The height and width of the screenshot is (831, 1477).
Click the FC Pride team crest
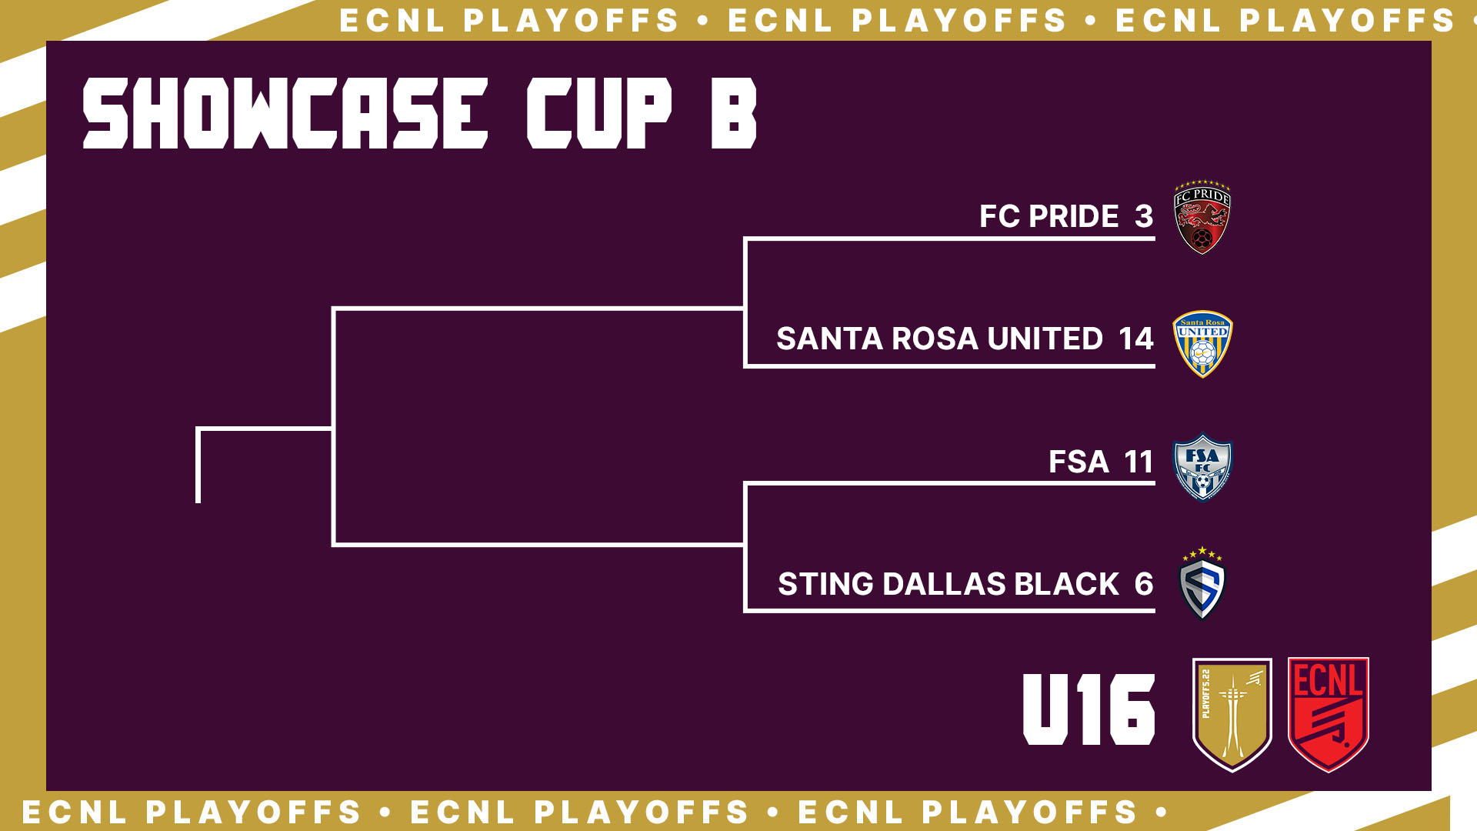pos(1202,218)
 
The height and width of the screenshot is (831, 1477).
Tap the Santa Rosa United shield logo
pos(1202,344)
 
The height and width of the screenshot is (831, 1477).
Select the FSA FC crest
pos(1202,467)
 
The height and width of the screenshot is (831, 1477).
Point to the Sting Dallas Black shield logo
pos(1202,583)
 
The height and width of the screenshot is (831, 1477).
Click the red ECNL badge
pos(1329,714)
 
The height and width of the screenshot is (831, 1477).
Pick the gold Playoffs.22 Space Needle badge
pos(1232,714)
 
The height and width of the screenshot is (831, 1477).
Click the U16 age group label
pos(1089,709)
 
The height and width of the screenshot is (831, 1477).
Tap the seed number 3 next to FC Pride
pos(1144,216)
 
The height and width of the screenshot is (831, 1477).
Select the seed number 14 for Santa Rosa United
pos(1135,339)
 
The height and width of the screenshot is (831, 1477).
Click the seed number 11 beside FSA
pos(1139,462)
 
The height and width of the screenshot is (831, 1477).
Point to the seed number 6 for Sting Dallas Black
pos(1144,584)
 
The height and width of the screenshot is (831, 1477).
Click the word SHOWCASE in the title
pos(285,113)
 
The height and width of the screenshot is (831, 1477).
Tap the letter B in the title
pos(734,113)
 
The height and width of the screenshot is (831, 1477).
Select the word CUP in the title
pos(599,113)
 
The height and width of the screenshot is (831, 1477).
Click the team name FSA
pos(1079,462)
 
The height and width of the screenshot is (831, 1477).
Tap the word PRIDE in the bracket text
pos(1074,216)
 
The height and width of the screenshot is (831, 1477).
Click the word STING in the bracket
pos(826,584)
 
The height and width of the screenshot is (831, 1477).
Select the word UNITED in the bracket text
pos(1045,339)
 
